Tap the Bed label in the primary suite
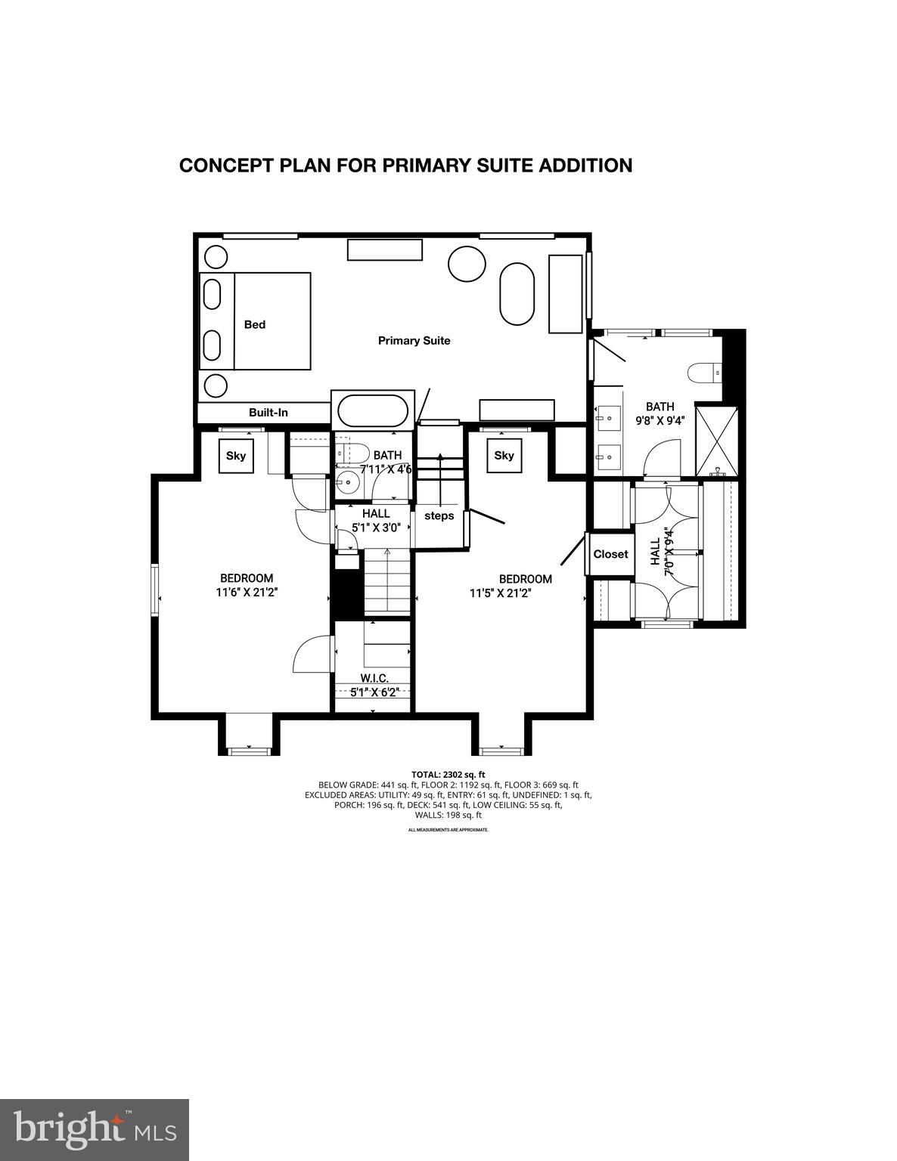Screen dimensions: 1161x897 [x=255, y=324]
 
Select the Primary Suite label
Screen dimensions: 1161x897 [x=414, y=341]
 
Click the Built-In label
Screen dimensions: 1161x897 [x=268, y=413]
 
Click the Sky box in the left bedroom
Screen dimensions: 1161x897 [x=236, y=456]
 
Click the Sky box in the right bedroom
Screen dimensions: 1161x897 [x=504, y=456]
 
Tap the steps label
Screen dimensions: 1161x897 [x=439, y=516]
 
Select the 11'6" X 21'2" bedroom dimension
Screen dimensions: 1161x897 [x=247, y=593]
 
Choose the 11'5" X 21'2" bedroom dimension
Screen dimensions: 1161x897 [x=500, y=593]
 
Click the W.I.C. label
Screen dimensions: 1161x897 [x=374, y=679]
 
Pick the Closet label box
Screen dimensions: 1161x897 [x=610, y=554]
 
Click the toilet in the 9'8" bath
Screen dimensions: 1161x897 [x=703, y=373]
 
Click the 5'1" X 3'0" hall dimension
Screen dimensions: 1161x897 [x=375, y=528]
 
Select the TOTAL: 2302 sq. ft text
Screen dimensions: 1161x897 [x=448, y=775]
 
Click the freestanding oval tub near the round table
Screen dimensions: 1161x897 [x=517, y=294]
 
